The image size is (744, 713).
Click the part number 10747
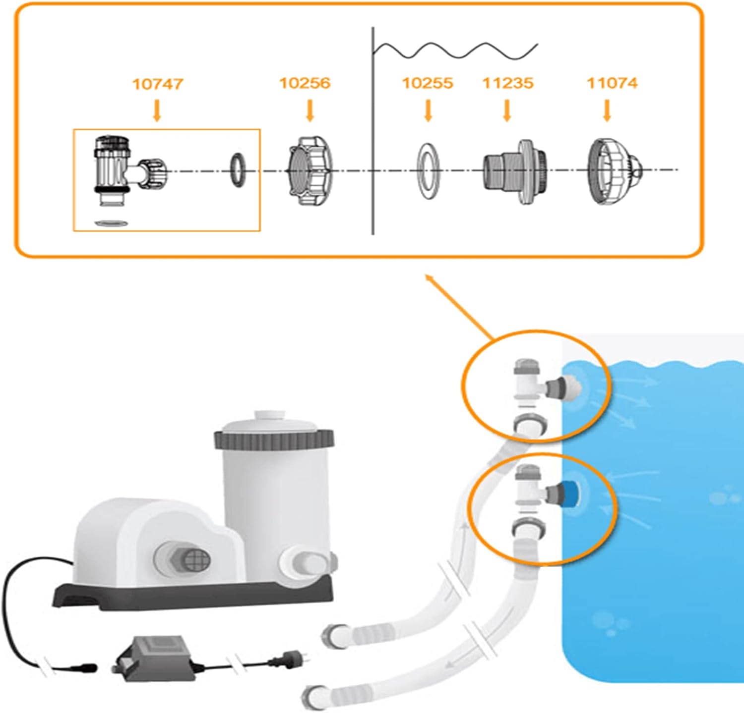pos(157,84)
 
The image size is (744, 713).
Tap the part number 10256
pos(305,83)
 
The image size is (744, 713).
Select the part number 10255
pos(427,83)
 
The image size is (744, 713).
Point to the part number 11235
pos(508,83)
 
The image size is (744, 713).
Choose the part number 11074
pos(612,83)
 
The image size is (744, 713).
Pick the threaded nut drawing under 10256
pos(310,171)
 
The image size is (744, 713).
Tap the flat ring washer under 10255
pos(428,171)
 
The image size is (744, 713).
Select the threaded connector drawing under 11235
pos(514,171)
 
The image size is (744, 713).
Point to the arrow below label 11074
pos(607,110)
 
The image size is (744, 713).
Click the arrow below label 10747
pos(157,110)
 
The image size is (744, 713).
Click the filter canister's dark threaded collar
pos(274,438)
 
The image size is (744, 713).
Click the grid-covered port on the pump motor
pos(190,560)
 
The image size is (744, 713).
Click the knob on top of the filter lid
pos(268,416)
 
